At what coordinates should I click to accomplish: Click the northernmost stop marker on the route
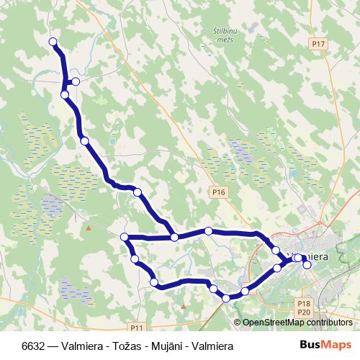click(x=53, y=42)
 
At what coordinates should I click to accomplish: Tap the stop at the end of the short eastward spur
click(x=76, y=81)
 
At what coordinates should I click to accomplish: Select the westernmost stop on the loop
click(x=125, y=237)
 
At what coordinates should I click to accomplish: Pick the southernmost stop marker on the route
click(x=226, y=297)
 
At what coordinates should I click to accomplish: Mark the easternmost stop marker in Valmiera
click(x=307, y=265)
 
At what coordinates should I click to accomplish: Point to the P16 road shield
click(x=220, y=192)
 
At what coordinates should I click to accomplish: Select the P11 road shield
click(x=138, y=326)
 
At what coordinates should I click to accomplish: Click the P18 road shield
click(x=303, y=305)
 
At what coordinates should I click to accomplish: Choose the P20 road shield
click(x=303, y=312)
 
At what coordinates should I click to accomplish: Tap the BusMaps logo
click(x=325, y=345)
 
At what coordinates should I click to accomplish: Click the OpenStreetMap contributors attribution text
click(x=297, y=323)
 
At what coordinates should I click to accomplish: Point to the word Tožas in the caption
click(x=120, y=346)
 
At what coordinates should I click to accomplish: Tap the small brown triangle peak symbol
click(x=88, y=228)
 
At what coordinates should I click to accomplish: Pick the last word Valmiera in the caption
click(x=210, y=346)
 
